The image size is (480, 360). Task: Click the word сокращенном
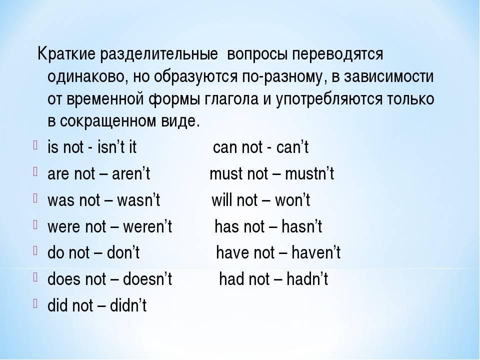point(108,122)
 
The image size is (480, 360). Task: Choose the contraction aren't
point(130,173)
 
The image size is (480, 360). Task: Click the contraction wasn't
point(138,200)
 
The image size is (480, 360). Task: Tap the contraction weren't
point(147,227)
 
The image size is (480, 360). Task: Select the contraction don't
point(123,253)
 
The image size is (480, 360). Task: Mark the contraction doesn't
point(147,279)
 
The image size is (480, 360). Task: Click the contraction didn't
point(128,305)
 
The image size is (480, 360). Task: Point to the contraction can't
point(292,147)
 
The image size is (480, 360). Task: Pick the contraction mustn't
point(309,173)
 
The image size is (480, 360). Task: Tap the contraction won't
point(292,200)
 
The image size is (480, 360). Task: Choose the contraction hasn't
point(301,227)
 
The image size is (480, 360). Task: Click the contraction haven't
point(316,253)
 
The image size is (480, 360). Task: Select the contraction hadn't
point(307,279)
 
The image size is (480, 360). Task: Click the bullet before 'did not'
point(35,303)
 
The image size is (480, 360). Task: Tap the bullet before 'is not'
point(35,145)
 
